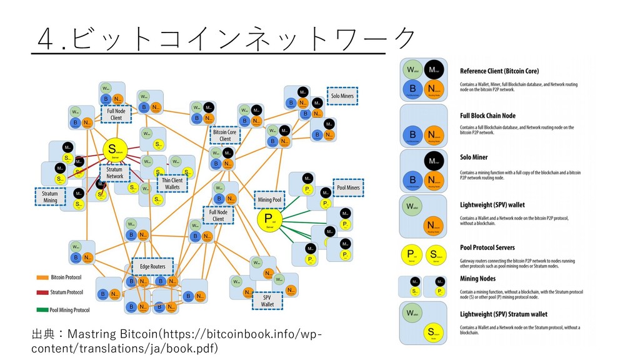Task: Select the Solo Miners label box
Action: tap(342, 96)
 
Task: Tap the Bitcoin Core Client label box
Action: tap(225, 136)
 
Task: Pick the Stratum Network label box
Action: tap(114, 172)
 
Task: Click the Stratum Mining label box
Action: tap(49, 197)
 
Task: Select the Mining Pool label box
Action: tap(270, 200)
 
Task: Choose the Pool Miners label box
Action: tap(348, 187)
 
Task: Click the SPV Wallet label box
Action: tap(267, 301)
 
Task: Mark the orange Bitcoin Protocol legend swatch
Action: tap(42, 277)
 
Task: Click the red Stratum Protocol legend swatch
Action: tap(42, 292)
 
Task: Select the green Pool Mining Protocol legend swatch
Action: tap(42, 309)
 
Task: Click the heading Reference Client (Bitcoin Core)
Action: tap(499, 71)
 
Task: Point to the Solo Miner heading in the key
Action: tap(474, 157)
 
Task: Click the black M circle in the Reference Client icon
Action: tap(434, 69)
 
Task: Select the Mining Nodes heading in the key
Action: tap(478, 279)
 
